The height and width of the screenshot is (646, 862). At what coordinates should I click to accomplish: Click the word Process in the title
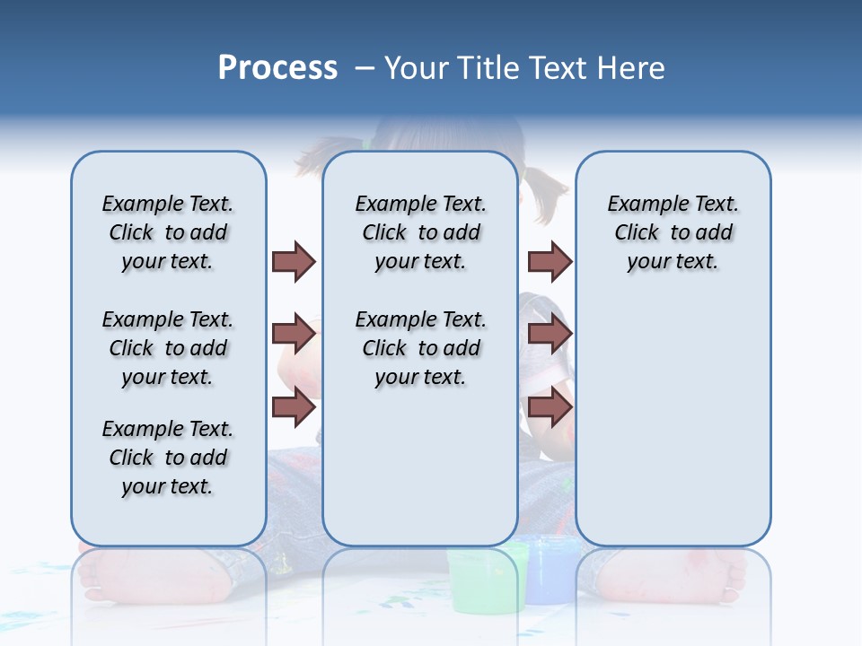277,68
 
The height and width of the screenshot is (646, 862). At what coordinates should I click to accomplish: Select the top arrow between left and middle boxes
294,261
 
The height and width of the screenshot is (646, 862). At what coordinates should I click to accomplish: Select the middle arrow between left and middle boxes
294,334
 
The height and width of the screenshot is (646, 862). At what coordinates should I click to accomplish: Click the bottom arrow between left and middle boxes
294,407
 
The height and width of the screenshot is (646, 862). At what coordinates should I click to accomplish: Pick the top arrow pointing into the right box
550,261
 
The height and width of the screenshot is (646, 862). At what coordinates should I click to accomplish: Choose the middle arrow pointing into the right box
550,334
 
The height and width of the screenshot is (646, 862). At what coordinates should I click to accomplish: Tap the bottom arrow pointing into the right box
550,407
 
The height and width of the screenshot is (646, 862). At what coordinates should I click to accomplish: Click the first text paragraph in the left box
168,232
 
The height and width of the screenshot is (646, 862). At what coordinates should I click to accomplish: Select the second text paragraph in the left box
168,348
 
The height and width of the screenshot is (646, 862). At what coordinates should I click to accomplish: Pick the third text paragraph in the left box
168,458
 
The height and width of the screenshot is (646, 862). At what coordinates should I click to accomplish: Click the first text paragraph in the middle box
420,232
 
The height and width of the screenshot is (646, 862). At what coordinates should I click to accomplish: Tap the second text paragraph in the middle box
420,348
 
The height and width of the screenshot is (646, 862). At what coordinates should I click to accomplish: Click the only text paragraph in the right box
673,232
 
